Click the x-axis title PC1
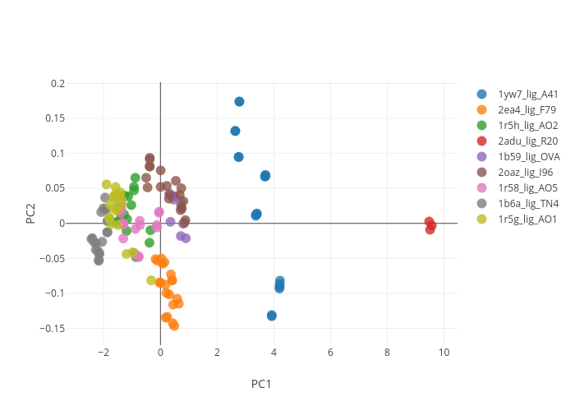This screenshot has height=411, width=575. point(261,384)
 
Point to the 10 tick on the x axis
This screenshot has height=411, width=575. point(444,353)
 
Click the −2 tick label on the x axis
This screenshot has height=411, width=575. point(103,353)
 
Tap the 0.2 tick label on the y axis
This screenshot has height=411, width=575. point(57,84)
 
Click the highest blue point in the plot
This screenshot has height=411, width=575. point(239,102)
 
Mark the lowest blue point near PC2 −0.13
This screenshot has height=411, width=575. point(271,316)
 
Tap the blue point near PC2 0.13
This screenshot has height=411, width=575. point(235,131)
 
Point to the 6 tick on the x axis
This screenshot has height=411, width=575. point(330,353)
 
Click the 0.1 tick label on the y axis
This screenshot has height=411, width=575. point(57,154)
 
